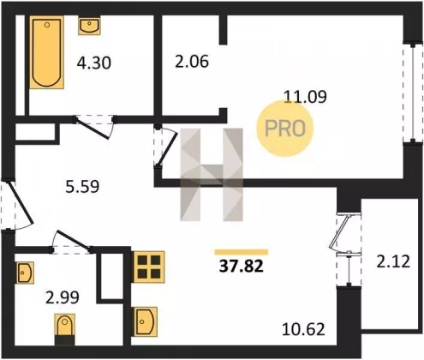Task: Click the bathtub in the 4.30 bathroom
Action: coord(46,52)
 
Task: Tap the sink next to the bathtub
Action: coord(89,26)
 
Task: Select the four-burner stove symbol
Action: coord(148,267)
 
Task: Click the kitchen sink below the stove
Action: coord(145,322)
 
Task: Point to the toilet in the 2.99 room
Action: coord(64,329)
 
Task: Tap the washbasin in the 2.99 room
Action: coord(25,273)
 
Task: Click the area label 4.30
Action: coord(93,63)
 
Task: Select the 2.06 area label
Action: coord(192,62)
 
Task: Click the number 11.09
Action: coord(306,96)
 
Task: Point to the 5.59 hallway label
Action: coord(82,187)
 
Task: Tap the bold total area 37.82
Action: coord(242,267)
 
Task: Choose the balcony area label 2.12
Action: coord(393,261)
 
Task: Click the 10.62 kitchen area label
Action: coord(303,329)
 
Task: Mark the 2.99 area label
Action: coord(63,298)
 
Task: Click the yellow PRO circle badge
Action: coord(285,129)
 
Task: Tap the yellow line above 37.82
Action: coord(242,252)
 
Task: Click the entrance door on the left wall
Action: coord(20,202)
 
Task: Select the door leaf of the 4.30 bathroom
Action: coord(93,129)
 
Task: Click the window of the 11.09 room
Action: coord(413,93)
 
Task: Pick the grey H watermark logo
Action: coord(212,175)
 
